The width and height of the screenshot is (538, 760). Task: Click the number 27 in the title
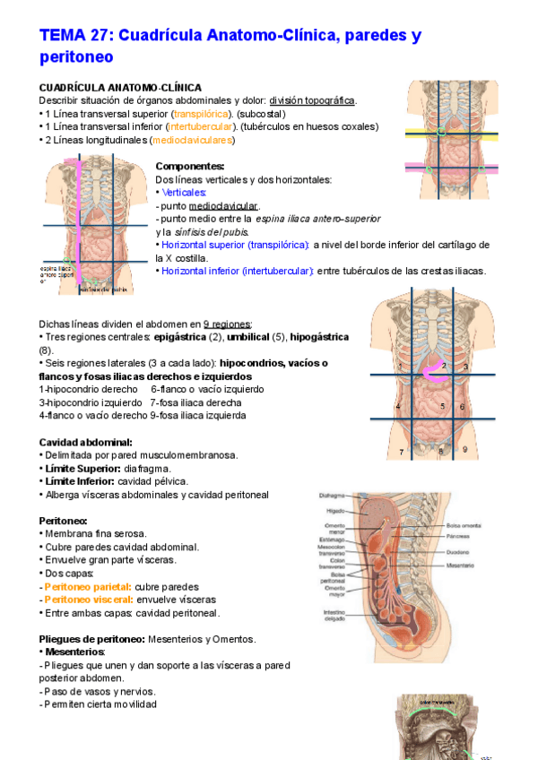tap(100, 37)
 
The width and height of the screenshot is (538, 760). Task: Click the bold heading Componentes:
tap(189, 167)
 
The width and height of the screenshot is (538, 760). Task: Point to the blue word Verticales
tap(185, 193)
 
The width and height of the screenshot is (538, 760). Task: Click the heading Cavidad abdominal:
tap(86, 442)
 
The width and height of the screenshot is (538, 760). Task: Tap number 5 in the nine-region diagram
tap(443, 407)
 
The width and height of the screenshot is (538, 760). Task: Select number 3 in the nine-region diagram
tap(466, 367)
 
